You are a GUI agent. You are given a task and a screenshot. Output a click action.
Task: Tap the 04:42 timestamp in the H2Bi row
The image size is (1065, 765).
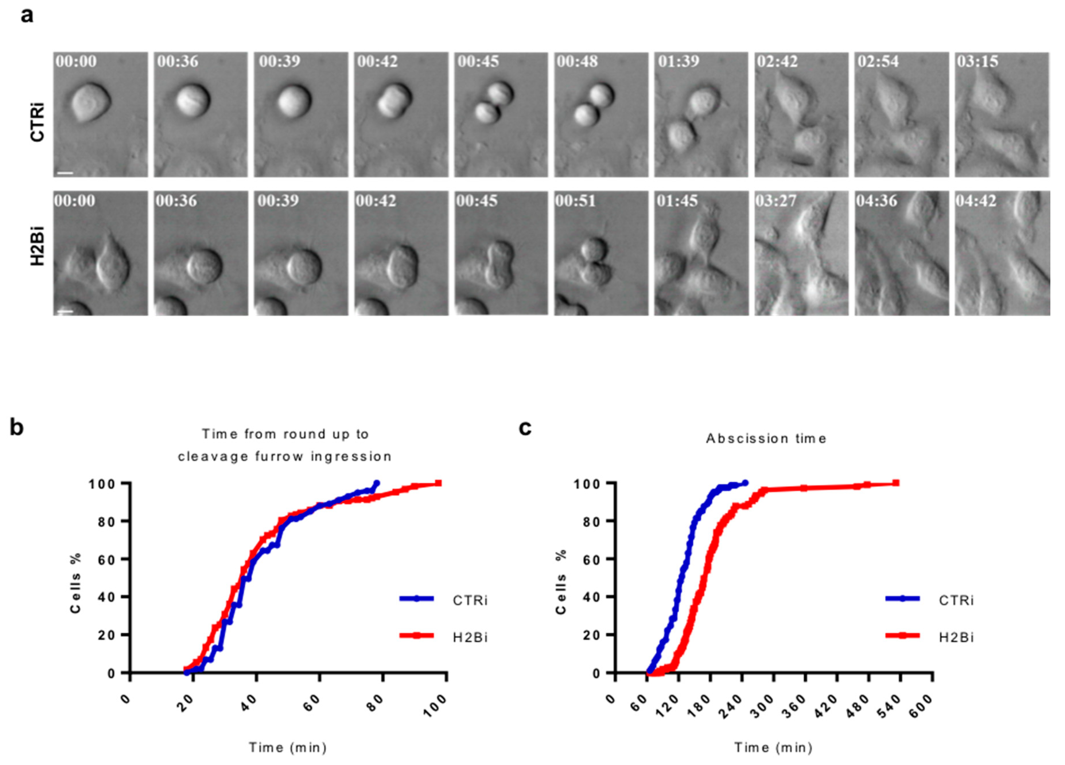pos(976,201)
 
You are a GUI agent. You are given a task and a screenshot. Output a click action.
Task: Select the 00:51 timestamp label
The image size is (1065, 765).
pos(576,201)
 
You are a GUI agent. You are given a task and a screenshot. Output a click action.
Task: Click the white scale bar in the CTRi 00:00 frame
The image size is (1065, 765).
pos(66,173)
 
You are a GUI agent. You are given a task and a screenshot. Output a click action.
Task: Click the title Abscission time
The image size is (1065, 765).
pos(766,438)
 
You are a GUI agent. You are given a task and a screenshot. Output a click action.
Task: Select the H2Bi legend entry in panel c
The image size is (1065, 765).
pos(956,637)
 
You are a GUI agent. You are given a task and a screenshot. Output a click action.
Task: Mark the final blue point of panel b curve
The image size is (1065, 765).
pos(376,483)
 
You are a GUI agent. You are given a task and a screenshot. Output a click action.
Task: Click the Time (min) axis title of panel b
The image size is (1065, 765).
pos(287,747)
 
